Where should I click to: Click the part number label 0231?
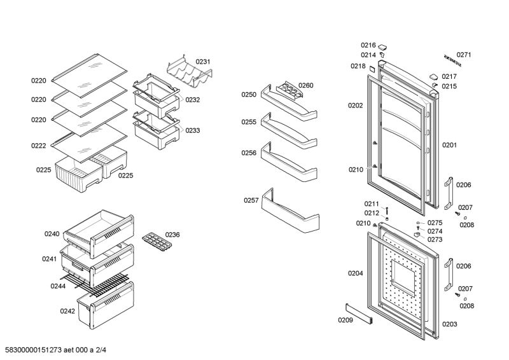203,62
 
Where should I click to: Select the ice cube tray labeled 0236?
155,240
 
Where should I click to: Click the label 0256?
249,153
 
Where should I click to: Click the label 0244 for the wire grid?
59,286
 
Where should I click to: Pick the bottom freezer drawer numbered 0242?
106,306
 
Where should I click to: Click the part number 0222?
39,146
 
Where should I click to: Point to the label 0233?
193,130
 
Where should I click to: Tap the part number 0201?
450,145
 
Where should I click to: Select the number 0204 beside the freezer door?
356,273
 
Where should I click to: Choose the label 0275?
435,223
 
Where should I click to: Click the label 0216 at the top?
368,45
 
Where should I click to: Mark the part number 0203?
450,324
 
